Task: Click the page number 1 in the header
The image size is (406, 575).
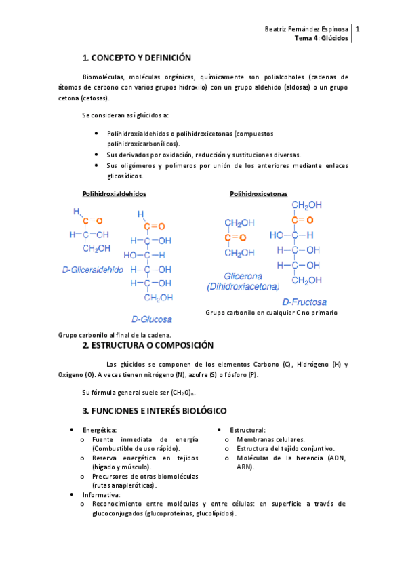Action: [357, 30]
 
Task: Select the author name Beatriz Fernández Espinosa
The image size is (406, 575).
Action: [307, 30]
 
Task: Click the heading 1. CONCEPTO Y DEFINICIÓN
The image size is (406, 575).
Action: [136, 58]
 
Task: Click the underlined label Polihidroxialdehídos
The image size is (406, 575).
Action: [114, 193]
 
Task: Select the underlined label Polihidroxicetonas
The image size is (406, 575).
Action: [258, 193]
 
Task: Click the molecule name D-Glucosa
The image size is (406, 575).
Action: [151, 318]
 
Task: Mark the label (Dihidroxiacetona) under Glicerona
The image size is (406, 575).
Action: [241, 287]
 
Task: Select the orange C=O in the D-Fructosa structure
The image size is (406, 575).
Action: [302, 220]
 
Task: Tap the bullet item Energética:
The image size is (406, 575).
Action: [100, 431]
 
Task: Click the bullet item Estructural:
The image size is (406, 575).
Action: [247, 431]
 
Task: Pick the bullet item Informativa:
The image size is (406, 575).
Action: [101, 495]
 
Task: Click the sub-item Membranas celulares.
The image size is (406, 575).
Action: [270, 439]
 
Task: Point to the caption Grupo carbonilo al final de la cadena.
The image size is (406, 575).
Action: [115, 335]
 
